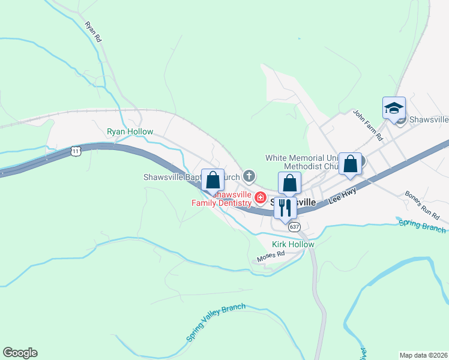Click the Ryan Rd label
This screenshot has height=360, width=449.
[94, 31]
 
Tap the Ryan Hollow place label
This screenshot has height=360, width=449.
[130, 131]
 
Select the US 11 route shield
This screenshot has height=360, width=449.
[75, 151]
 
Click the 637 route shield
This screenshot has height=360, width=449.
[294, 227]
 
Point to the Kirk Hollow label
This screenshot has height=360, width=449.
[293, 244]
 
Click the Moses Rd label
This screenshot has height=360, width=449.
[270, 257]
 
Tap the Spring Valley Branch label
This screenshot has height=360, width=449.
[216, 322]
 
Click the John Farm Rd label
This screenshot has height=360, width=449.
[368, 125]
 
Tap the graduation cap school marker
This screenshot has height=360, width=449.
[394, 109]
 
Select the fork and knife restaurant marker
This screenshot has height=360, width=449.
[285, 208]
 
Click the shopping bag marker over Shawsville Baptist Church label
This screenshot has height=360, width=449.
[212, 179]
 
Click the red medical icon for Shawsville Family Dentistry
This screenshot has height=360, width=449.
[261, 197]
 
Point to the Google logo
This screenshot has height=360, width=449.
[20, 353]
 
